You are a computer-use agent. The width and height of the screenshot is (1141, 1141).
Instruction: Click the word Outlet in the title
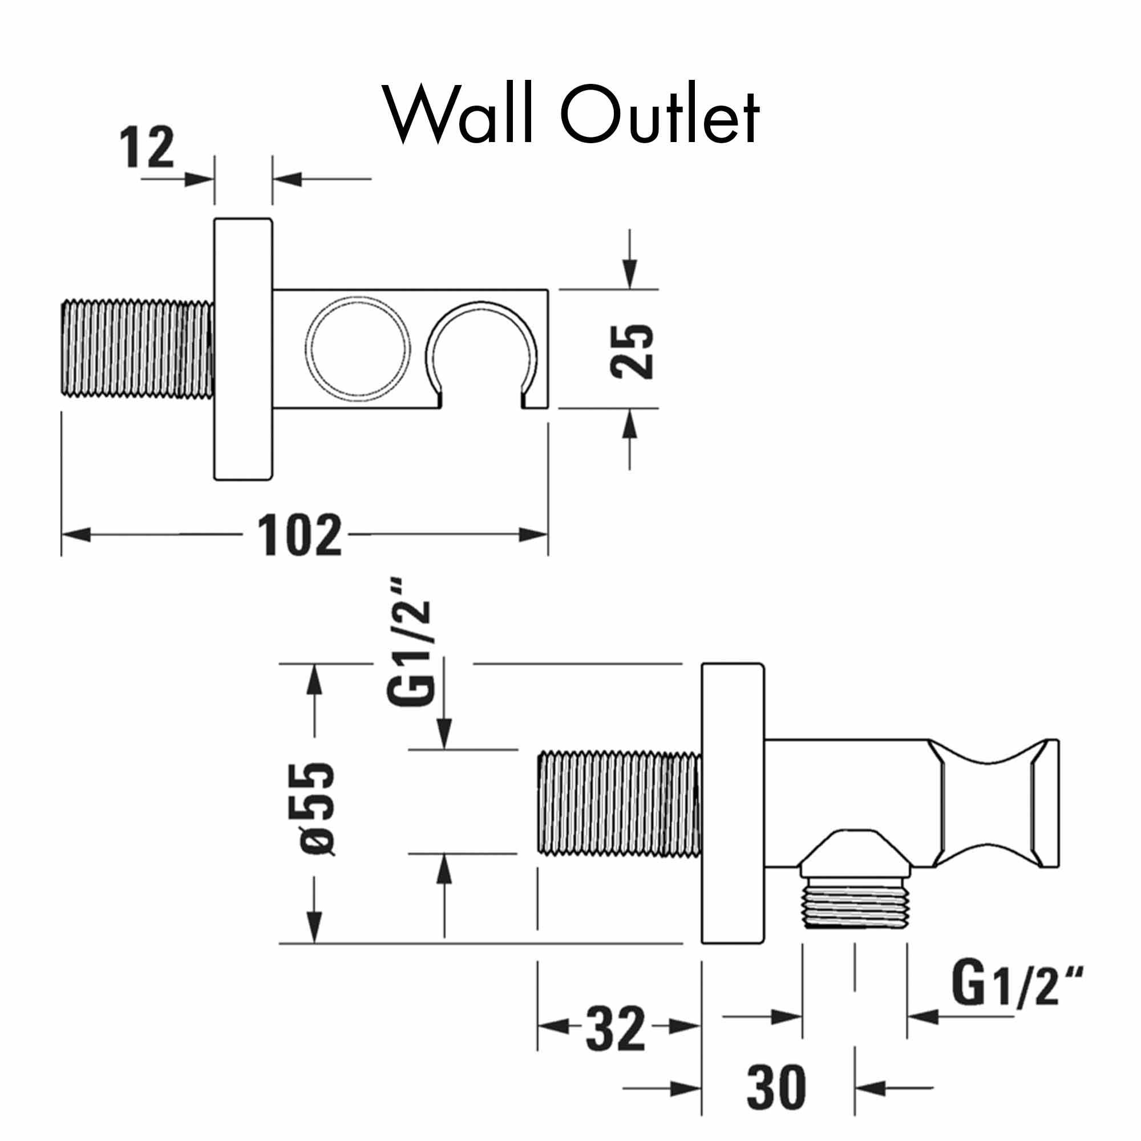[x=659, y=114]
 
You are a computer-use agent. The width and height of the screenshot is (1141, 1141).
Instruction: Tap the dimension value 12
[x=147, y=147]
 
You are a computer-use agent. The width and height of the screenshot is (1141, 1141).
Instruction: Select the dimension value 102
[x=300, y=535]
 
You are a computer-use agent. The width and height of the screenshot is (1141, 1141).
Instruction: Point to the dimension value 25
[x=632, y=351]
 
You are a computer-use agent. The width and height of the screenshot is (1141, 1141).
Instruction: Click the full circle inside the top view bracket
[x=358, y=349]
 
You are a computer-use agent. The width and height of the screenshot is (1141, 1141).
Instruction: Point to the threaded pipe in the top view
[x=137, y=349]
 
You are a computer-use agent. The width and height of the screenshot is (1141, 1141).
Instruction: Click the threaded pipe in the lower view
[x=619, y=803]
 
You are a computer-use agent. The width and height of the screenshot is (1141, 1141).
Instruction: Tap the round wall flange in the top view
[x=242, y=349]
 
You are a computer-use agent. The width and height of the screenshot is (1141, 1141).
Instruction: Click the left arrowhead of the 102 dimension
[x=76, y=535]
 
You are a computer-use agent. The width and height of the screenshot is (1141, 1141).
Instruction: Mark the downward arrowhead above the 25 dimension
[x=630, y=274]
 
